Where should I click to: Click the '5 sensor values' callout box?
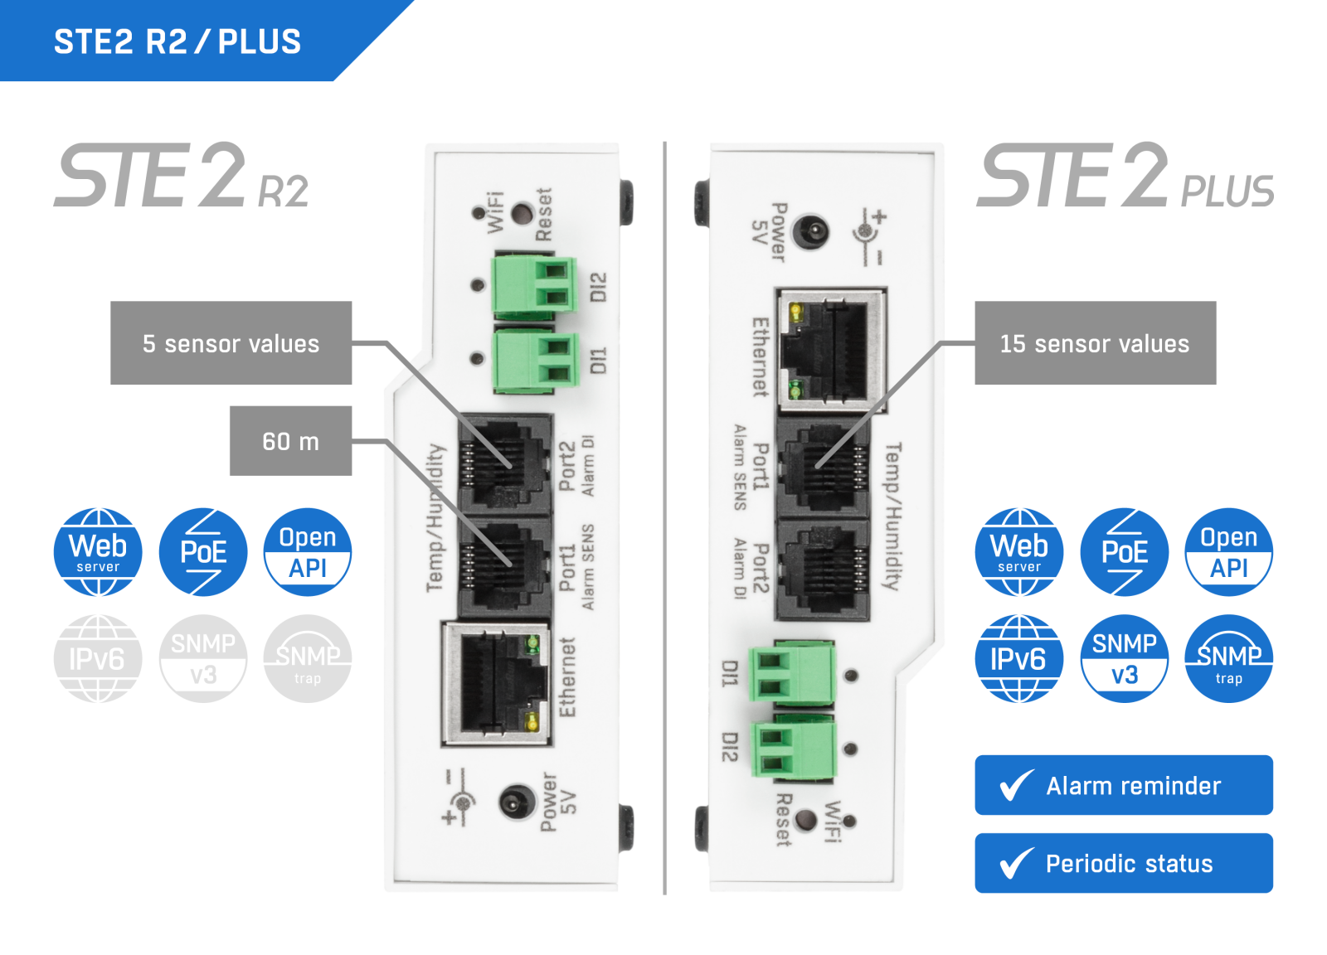231,343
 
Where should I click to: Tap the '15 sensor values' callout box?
1095,343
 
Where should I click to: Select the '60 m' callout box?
290,441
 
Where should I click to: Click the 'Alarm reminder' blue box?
1123,785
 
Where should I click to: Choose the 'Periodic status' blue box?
1123,863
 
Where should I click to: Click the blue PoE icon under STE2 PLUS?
1124,552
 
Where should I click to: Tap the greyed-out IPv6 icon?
98,658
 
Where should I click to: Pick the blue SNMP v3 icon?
1124,658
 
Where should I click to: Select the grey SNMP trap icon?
308,658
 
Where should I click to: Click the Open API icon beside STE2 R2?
308,552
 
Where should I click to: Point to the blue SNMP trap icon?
1228,658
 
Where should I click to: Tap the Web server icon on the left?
98,552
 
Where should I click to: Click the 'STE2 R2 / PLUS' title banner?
177,41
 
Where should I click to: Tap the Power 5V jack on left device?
516,802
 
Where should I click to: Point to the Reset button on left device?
522,214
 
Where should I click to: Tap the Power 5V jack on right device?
811,231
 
